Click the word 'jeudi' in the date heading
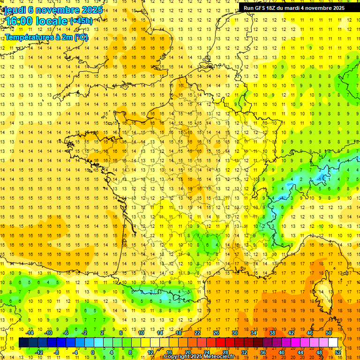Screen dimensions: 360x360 pos(14,9)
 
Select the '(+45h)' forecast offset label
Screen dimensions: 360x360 pos(81,21)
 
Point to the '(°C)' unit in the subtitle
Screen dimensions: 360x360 pos(81,37)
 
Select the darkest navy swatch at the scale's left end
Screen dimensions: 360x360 pos(24,343)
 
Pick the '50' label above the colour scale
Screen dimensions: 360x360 pos(329,333)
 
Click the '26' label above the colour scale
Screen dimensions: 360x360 pos(216,333)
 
